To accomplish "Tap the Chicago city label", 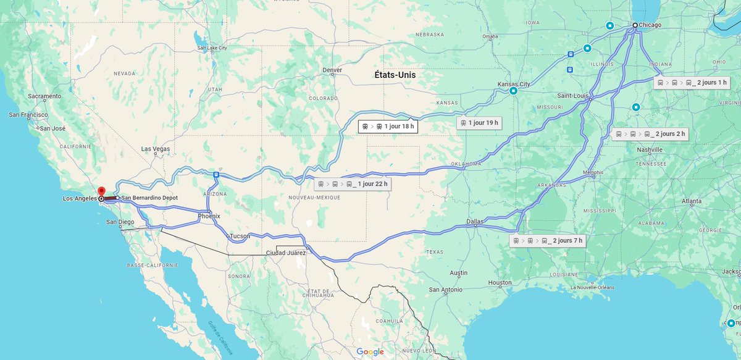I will pos(650,25).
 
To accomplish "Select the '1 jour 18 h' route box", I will pos(387,127).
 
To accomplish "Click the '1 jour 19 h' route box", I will pos(479,123).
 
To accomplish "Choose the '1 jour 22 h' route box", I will pos(353,184).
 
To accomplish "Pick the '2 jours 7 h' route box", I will pos(548,241).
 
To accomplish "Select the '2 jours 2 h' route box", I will pos(650,134).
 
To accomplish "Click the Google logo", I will pos(370,352).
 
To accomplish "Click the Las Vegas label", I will pos(155,149).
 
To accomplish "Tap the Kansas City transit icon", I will pos(513,91).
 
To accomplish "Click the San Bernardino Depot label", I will pos(149,198).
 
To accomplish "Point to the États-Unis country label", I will pos(395,75).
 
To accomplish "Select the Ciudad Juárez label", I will pos(285,253).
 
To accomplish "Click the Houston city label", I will pos(500,283).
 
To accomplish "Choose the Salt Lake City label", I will pos(212,48).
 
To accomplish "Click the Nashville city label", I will pos(649,150).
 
